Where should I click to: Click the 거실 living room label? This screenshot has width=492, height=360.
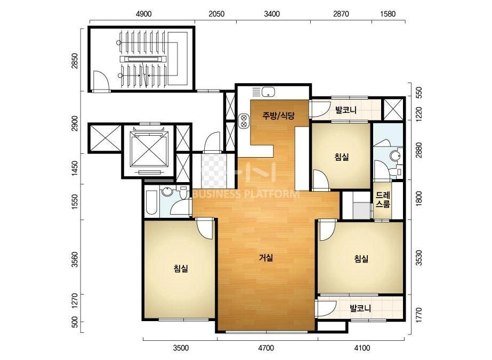point(266,258)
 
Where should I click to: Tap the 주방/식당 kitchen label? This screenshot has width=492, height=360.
point(278,116)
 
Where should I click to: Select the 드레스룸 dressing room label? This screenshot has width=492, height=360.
point(383,200)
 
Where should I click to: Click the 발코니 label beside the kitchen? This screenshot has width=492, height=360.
point(345,110)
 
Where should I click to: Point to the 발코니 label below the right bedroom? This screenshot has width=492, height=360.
point(360,308)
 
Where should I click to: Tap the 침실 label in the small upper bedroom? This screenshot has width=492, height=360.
point(341,157)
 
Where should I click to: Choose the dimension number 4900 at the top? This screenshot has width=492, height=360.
point(144,14)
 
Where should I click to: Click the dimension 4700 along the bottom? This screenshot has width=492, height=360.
point(266,348)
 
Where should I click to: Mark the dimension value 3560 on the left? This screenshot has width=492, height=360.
point(75,260)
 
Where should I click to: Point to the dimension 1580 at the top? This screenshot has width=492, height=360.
point(388,14)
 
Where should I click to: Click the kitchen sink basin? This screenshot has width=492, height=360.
point(269,92)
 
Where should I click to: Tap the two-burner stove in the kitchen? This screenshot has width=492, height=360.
point(244,121)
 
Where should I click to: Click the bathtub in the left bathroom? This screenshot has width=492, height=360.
point(152,203)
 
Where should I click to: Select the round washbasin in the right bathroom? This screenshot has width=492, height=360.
point(395,156)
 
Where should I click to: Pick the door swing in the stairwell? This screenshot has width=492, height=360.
point(101,80)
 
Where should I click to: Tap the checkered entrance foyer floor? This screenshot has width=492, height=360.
point(214,171)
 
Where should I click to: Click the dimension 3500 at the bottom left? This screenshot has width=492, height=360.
point(181,348)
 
